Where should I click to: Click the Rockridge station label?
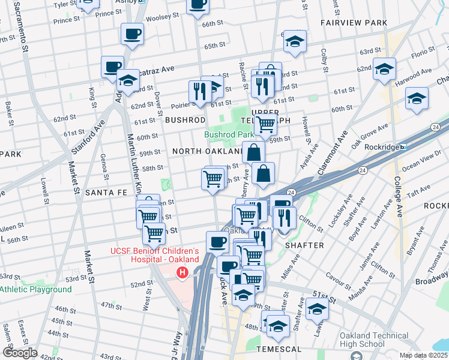382,146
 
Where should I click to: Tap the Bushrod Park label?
225,135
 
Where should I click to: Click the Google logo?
19,352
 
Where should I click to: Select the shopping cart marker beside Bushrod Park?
265,125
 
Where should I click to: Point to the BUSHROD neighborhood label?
185,120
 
